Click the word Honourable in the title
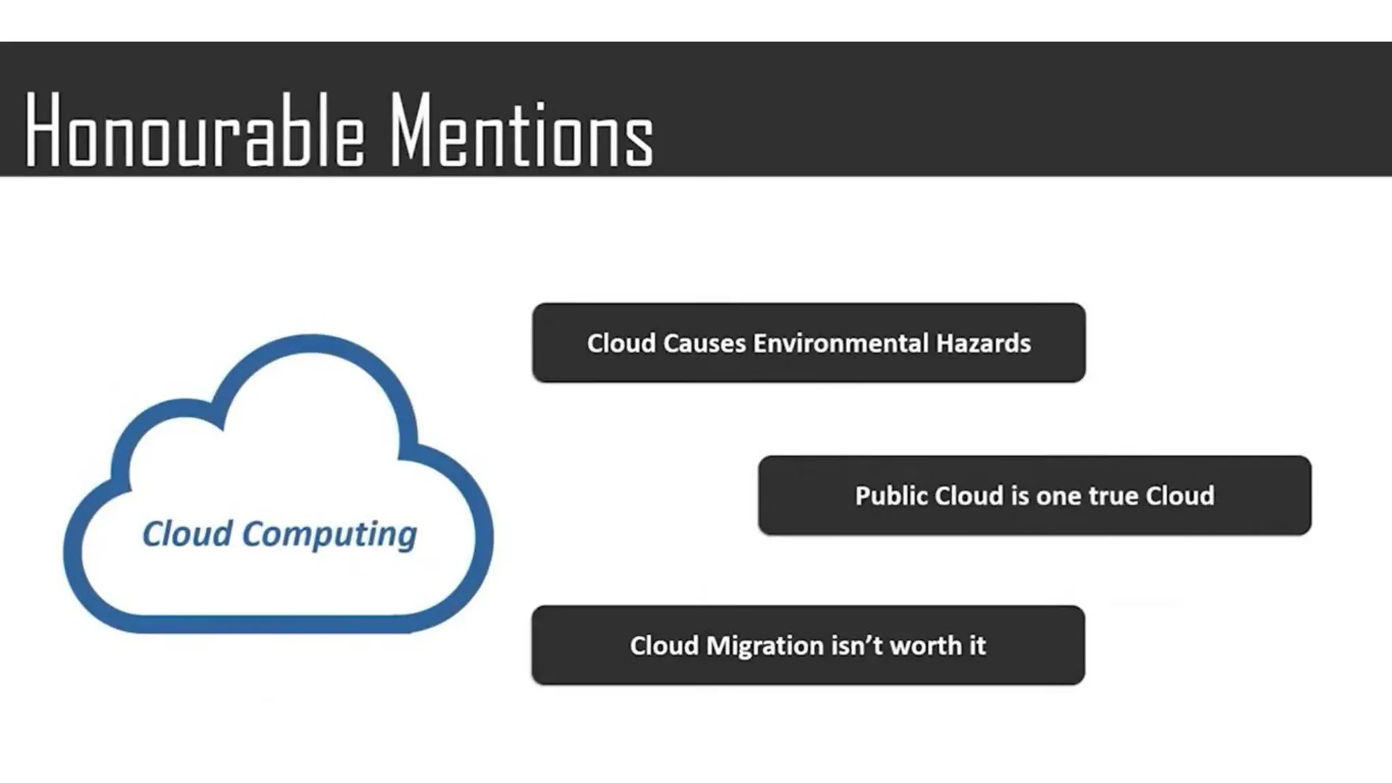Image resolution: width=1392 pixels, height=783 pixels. pyautogui.click(x=194, y=130)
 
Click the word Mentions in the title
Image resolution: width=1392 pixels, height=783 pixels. pyautogui.click(x=521, y=130)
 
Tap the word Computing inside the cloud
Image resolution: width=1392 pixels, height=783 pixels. pyautogui.click(x=330, y=535)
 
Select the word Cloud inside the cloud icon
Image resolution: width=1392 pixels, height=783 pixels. pyautogui.click(x=187, y=534)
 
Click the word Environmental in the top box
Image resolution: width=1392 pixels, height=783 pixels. pyautogui.click(x=840, y=343)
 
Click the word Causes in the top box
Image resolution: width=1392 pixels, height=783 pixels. pyautogui.click(x=704, y=343)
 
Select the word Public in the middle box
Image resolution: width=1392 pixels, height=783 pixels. pyautogui.click(x=891, y=496)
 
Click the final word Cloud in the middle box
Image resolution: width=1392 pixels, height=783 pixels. pyautogui.click(x=1180, y=496)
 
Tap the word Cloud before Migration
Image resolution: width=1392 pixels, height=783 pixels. pyautogui.click(x=664, y=646)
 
